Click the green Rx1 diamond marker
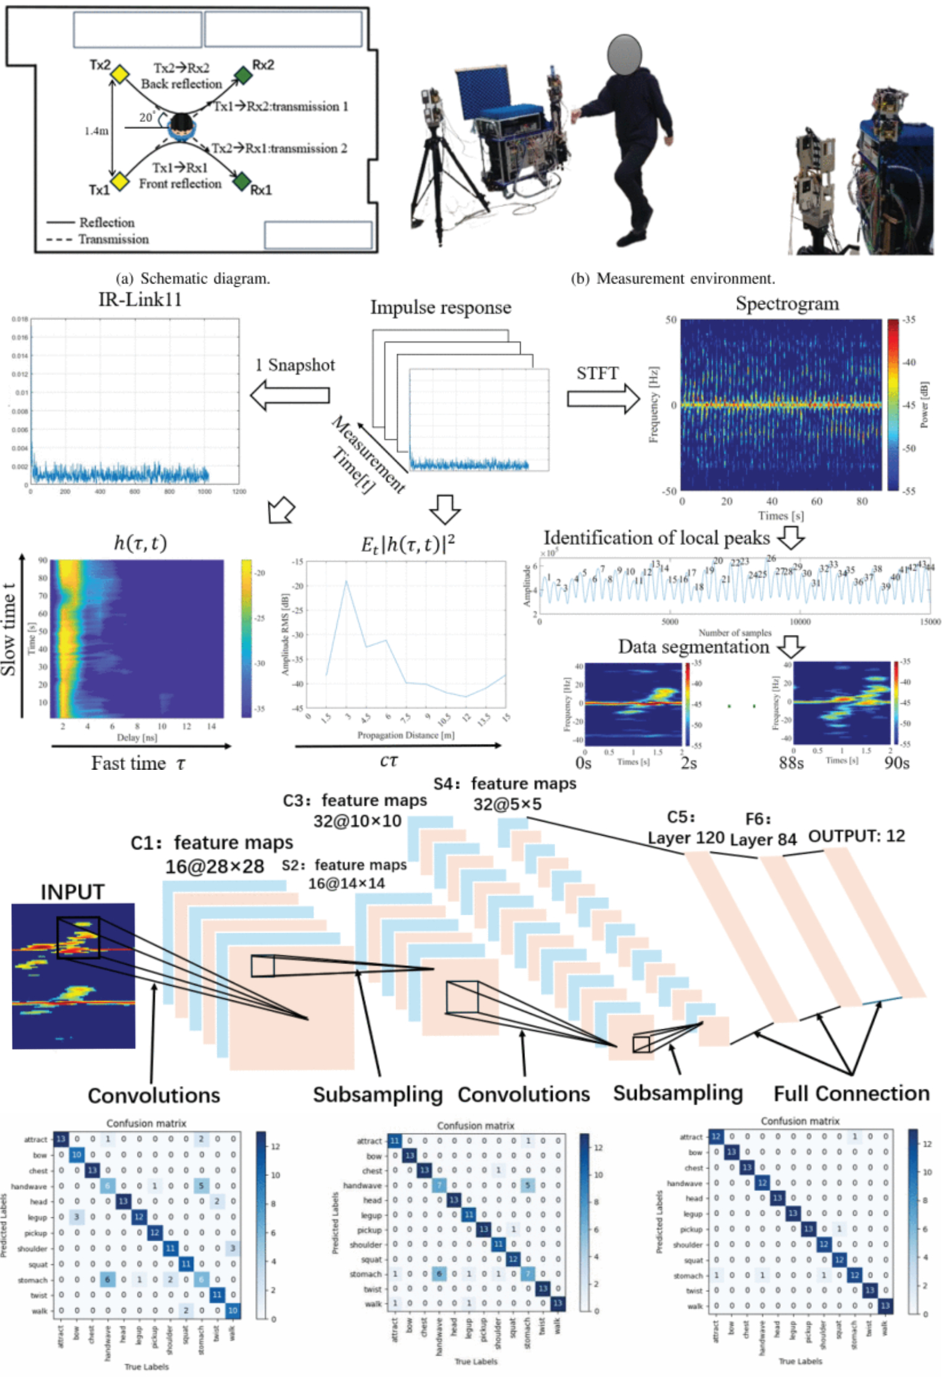click(241, 181)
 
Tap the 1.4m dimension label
click(96, 131)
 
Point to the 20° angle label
click(147, 117)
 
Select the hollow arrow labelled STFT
click(603, 398)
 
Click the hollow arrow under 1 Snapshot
click(289, 395)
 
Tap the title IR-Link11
click(140, 300)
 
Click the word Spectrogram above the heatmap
click(787, 304)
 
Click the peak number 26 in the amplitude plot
click(771, 558)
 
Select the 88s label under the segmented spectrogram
click(791, 763)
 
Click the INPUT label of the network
click(72, 892)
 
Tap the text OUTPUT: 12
click(856, 836)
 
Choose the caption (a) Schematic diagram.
click(192, 279)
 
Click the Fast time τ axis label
click(138, 763)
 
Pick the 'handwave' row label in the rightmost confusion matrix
click(684, 1183)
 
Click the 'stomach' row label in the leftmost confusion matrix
click(33, 1280)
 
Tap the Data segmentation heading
click(694, 647)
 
